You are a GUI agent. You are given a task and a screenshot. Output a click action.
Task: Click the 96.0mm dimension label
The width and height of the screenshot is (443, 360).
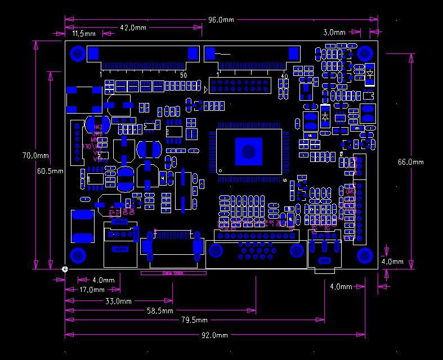221,20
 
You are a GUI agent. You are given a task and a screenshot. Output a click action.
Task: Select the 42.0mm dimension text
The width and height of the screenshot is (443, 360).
133,27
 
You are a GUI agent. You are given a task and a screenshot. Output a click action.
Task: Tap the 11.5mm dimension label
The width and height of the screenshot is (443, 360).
84,34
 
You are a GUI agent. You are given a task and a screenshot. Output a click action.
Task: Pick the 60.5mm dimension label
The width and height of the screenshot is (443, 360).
50,171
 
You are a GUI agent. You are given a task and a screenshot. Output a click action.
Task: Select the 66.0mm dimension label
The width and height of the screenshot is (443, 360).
410,162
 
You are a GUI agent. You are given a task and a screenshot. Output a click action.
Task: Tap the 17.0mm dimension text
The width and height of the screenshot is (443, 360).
92,290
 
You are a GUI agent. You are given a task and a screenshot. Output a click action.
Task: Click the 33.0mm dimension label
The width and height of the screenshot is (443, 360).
119,301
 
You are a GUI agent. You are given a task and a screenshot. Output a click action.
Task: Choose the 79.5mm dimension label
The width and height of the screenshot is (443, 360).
194,320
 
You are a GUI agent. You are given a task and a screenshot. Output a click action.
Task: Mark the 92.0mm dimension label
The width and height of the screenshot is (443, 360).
215,335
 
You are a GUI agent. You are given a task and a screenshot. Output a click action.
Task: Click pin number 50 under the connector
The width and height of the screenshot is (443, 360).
184,75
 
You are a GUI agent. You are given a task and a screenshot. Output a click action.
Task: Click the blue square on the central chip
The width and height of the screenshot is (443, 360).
248,151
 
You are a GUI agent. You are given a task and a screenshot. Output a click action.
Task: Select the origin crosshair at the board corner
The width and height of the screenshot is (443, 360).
65,269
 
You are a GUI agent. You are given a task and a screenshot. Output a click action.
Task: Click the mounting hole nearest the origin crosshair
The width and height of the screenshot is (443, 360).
78,255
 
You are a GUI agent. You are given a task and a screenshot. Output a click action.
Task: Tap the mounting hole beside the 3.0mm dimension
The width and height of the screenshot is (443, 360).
365,54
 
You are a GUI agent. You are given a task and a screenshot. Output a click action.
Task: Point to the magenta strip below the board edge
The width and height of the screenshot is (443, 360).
173,273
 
